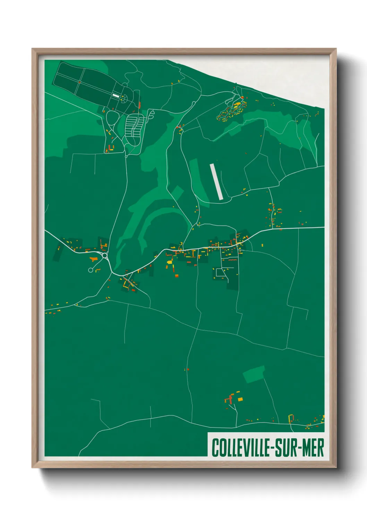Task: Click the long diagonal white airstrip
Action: pos(216,181)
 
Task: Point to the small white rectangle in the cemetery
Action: pos(116,95)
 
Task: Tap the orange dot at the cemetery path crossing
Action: pos(79,82)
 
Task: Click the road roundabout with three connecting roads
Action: pos(105,256)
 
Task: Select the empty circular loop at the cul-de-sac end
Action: pos(91,270)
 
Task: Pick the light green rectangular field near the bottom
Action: pos(254,374)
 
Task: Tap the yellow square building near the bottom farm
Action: pos(240,399)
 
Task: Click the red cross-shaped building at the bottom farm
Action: pos(230,399)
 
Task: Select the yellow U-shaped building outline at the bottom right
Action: pos(291,418)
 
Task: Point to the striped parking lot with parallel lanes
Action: pos(134,125)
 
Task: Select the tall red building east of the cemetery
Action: pos(139,105)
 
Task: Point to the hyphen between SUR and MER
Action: pos(299,448)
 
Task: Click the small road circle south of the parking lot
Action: pos(126,156)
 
